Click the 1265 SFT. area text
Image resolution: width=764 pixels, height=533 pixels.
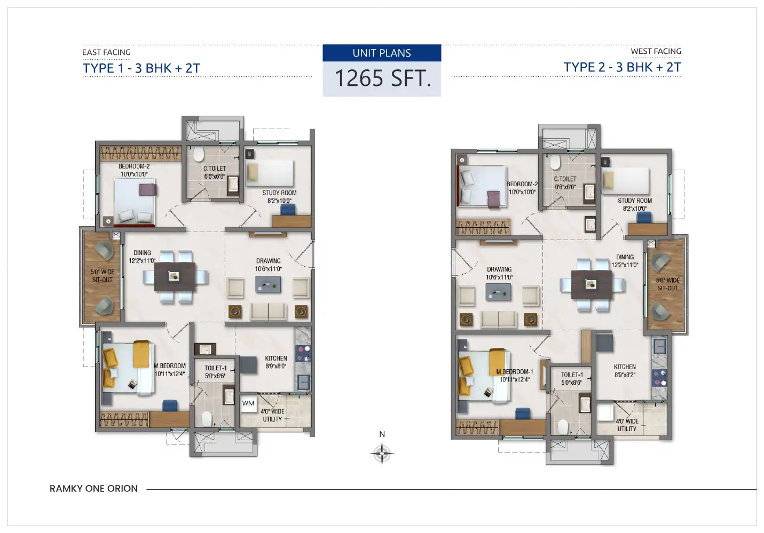pos(383,78)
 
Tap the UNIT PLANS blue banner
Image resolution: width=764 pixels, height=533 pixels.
pos(382,53)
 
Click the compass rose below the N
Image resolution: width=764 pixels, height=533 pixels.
pos(382,454)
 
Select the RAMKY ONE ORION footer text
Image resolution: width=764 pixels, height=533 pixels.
pos(93,488)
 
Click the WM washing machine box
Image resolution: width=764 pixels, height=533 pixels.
pos(248,403)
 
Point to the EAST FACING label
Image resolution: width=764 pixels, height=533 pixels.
pos(106,52)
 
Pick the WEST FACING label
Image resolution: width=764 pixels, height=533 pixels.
pos(656,51)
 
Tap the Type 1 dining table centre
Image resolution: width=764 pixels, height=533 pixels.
pos(175,276)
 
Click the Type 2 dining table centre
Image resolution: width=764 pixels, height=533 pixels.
pos(592,284)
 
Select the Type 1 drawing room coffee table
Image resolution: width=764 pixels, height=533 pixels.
pos(268,284)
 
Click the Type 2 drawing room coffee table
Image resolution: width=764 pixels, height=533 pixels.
pos(498,292)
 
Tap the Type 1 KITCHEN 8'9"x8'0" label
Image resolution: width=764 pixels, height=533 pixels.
pos(276,362)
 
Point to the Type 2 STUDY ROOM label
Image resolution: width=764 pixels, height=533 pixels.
pos(635,204)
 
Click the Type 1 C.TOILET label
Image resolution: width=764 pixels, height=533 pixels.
pos(215,172)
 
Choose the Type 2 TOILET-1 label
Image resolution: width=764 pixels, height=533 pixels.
pos(572,379)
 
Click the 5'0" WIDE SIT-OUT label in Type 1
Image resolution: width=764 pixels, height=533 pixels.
pos(103,276)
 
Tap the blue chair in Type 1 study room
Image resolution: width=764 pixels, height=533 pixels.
pos(288,210)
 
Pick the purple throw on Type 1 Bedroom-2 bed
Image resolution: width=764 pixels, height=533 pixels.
pos(148,190)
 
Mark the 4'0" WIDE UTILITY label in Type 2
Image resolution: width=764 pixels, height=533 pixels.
pos(627,425)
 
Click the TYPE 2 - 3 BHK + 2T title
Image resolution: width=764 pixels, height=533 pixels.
pos(622,67)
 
